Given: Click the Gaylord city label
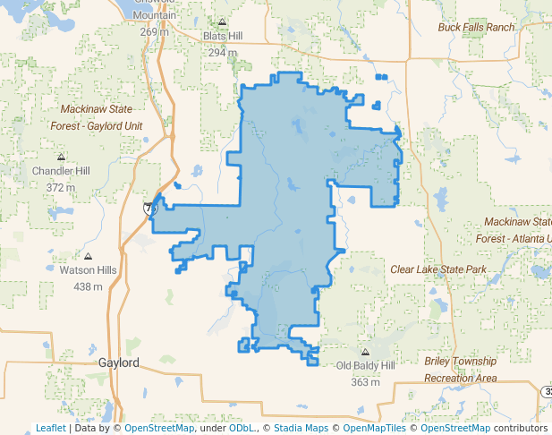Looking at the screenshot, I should (119, 363).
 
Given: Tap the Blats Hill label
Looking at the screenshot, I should (223, 36).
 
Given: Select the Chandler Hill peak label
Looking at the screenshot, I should (61, 170).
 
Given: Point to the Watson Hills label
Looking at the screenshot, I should (88, 269).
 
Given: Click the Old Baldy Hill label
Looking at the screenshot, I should (365, 366).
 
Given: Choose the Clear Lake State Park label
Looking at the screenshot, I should (437, 269).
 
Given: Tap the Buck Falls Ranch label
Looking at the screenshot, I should (477, 27).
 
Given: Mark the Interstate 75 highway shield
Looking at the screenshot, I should (150, 208).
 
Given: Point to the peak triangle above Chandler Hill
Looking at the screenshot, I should (61, 156).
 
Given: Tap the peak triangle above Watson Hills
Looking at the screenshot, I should (88, 256).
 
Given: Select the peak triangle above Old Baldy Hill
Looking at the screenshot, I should (365, 353).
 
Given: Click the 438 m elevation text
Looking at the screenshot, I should (88, 286).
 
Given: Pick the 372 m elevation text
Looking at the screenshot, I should (61, 188).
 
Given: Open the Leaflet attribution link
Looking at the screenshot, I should (50, 428).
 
